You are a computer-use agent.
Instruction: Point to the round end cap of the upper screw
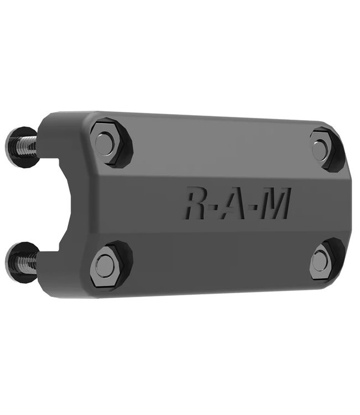click(x=13, y=143)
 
